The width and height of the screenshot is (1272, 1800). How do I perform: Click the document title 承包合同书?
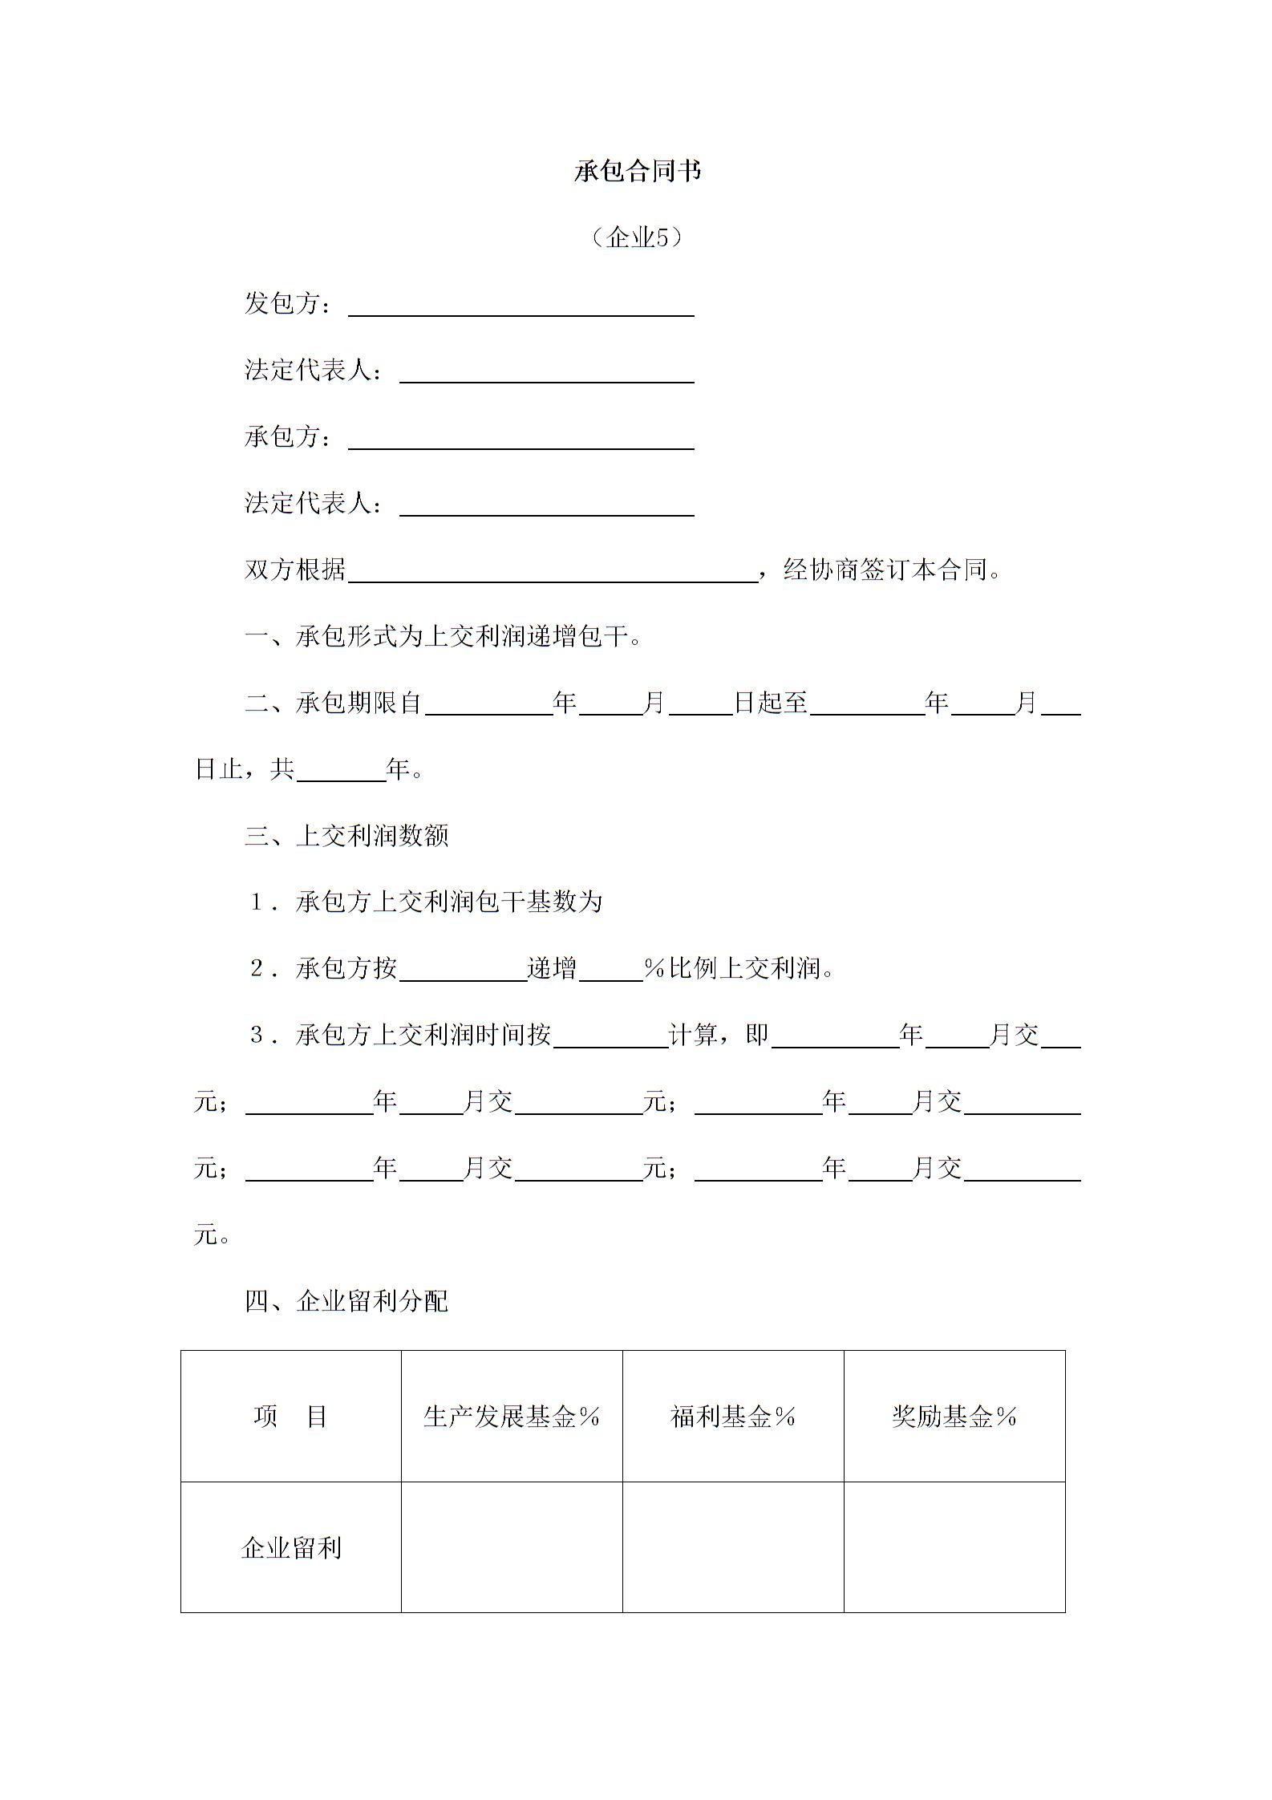[x=637, y=171]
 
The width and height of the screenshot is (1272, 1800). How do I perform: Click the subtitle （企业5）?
[x=637, y=237]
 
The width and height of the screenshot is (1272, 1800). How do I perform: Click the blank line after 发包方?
[x=521, y=309]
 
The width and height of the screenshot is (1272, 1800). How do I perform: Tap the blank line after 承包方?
[x=521, y=442]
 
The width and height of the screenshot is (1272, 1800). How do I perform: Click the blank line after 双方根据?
[x=553, y=574]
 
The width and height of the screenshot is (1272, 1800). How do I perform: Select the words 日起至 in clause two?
[x=771, y=703]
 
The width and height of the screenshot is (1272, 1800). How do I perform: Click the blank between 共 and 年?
[x=341, y=774]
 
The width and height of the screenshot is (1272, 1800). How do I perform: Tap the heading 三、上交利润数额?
[x=346, y=836]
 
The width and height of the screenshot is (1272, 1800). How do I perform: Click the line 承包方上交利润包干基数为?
[x=448, y=902]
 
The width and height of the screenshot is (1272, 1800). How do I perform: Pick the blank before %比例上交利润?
[x=610, y=974]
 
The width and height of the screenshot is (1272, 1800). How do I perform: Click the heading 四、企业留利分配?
[x=346, y=1301]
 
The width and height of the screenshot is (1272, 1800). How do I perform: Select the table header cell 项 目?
[x=290, y=1417]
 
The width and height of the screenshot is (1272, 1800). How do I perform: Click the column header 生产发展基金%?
[x=512, y=1417]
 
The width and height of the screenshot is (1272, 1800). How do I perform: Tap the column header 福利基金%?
[x=733, y=1417]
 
